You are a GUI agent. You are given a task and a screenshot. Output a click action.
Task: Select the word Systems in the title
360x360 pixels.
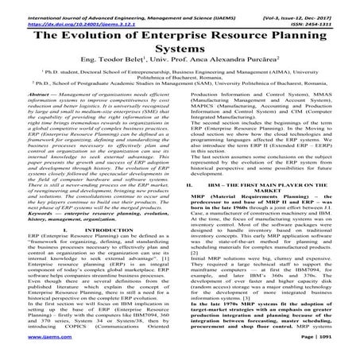click(x=180, y=54)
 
